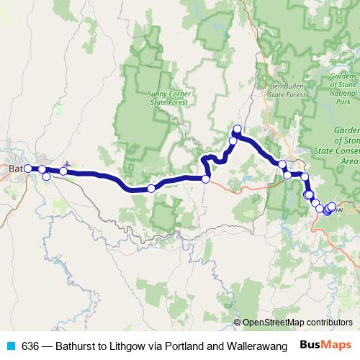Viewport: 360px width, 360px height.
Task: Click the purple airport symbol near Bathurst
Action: pyautogui.click(x=66, y=165)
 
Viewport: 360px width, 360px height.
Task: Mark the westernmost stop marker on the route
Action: pyautogui.click(x=28, y=168)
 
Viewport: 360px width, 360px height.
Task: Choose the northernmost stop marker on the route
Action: pyautogui.click(x=237, y=129)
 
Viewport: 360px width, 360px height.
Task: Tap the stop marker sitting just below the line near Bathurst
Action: pyautogui.click(x=47, y=176)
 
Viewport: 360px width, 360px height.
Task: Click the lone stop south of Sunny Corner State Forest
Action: pyautogui.click(x=151, y=189)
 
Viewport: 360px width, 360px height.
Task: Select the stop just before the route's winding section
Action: pyautogui.click(x=206, y=179)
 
